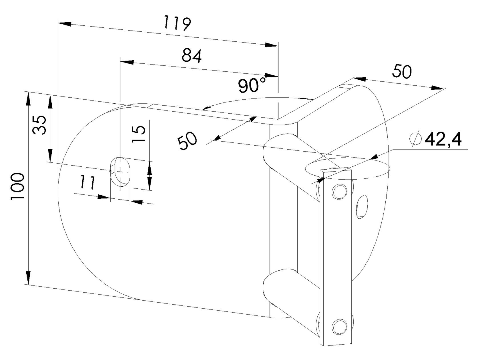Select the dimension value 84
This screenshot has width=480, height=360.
tap(192, 56)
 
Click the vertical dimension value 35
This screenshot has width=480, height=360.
tap(39, 125)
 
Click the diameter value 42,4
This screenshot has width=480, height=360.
tap(443, 140)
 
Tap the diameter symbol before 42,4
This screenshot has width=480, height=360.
tap(415, 139)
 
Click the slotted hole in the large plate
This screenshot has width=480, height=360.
tap(121, 171)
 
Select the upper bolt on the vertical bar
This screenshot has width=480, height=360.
tap(340, 192)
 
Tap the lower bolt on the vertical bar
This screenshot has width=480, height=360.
tap(340, 326)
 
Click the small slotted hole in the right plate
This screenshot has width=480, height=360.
tap(362, 207)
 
